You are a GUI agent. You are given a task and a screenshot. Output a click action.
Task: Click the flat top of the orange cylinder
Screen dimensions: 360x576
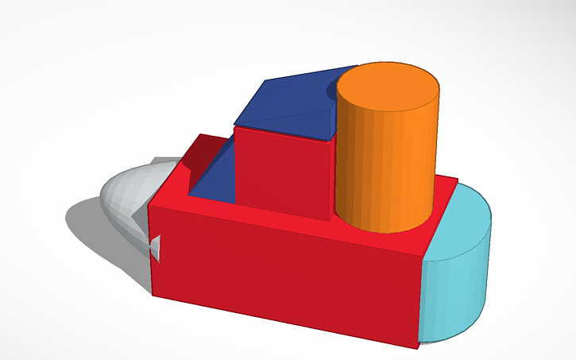coord(389,85)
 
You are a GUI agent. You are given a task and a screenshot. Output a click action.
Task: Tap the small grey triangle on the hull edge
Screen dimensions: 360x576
coord(156,247)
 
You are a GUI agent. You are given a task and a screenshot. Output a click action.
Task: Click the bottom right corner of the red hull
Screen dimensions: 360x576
coord(417,346)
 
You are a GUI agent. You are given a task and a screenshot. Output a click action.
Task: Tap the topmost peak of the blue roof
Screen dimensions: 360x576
coord(357,67)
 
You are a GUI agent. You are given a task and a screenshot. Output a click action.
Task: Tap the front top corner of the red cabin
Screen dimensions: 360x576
coord(330,141)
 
